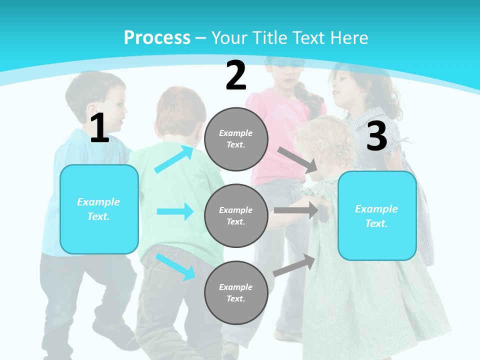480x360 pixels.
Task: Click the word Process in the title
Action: pyautogui.click(x=157, y=37)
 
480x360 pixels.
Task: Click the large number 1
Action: pyautogui.click(x=99, y=128)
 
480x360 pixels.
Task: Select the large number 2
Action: pyautogui.click(x=236, y=75)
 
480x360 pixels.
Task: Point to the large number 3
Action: pyautogui.click(x=376, y=136)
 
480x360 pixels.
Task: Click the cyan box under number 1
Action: pyautogui.click(x=99, y=209)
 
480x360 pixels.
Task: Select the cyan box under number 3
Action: pyautogui.click(x=377, y=216)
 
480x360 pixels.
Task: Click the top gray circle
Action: pyautogui.click(x=236, y=139)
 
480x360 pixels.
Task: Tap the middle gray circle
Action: pyautogui.click(x=236, y=215)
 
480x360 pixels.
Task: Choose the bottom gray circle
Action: pyautogui.click(x=236, y=292)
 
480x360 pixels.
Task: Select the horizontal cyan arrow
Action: pyautogui.click(x=175, y=211)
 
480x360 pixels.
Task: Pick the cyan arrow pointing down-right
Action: pyautogui.click(x=175, y=266)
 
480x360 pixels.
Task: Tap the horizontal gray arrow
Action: pyautogui.click(x=295, y=210)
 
